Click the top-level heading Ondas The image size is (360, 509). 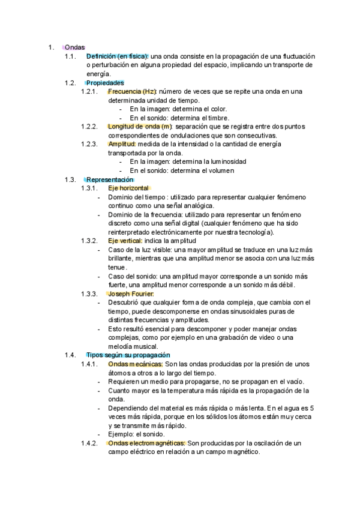(x=75, y=47)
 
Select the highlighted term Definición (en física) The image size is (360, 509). (x=117, y=56)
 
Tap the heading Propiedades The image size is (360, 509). (x=105, y=82)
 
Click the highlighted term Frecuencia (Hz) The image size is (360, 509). (x=132, y=91)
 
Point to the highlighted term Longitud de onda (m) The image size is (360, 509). (x=139, y=127)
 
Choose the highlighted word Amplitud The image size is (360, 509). (x=122, y=144)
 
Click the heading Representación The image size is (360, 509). (x=110, y=179)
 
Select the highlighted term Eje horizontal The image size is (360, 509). (x=128, y=188)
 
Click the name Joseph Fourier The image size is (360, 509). (x=130, y=294)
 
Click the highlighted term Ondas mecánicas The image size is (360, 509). (x=135, y=364)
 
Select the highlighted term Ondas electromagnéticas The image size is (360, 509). (x=146, y=443)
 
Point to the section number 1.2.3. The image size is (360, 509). (x=88, y=144)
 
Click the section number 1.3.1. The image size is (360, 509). (x=88, y=188)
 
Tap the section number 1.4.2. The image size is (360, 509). (x=88, y=443)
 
